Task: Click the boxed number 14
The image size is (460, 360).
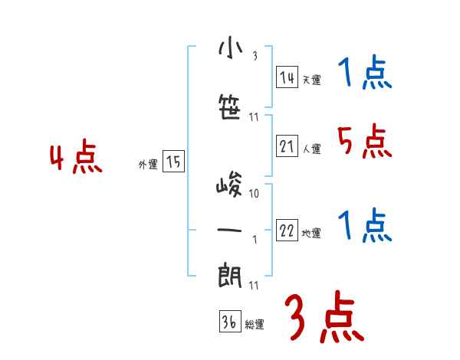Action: [287, 77]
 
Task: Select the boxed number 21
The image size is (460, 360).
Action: [287, 146]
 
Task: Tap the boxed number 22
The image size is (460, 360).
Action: [287, 231]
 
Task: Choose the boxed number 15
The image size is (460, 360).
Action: [173, 162]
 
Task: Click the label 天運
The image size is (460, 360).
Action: [310, 80]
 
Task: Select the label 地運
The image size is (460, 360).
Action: [311, 233]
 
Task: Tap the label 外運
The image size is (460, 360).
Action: [148, 164]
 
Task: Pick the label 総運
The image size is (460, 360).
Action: [255, 324]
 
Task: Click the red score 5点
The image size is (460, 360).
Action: [363, 141]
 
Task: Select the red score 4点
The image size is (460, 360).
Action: [76, 159]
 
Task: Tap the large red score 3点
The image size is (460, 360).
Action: [324, 319]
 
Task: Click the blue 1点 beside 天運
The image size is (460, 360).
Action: [364, 74]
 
